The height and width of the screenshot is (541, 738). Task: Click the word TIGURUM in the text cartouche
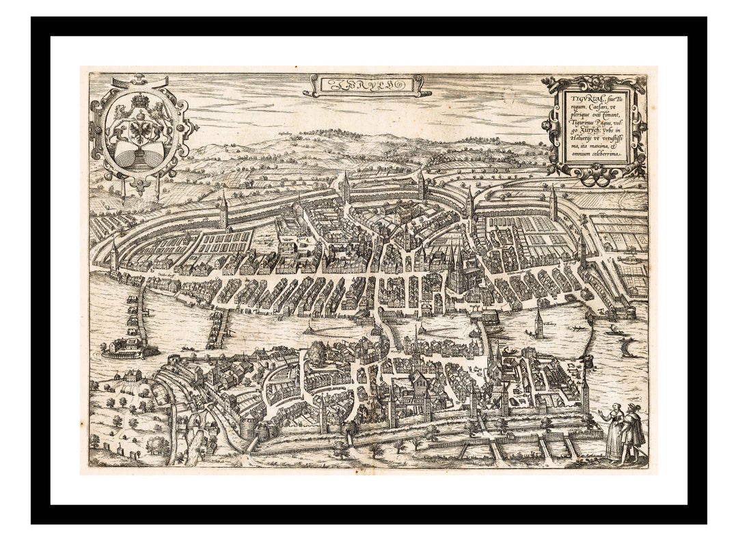tap(575, 98)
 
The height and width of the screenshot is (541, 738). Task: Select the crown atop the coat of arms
tap(139, 99)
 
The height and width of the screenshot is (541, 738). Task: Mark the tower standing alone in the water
tap(539, 324)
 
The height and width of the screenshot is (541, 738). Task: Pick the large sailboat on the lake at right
tap(627, 348)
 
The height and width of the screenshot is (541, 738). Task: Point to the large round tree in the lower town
tap(317, 353)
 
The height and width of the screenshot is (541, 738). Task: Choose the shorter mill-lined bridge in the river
tap(219, 327)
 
